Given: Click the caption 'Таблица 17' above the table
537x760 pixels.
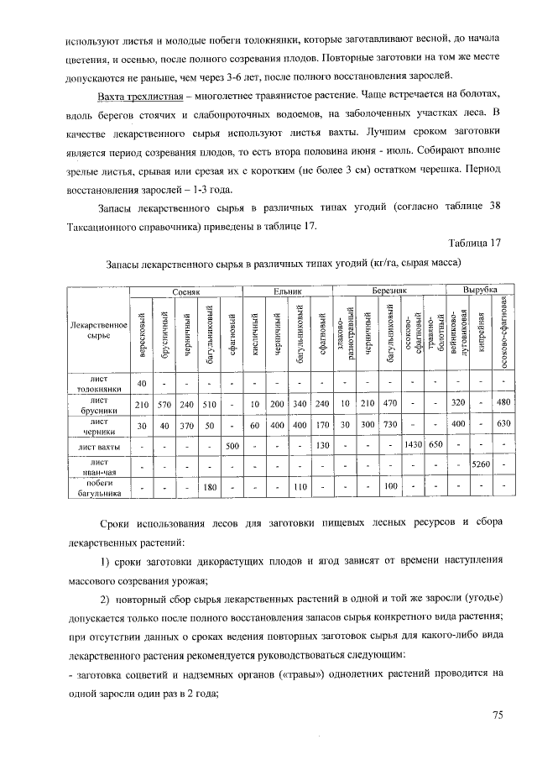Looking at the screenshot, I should pos(474,244).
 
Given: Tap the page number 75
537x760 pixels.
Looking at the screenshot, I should pos(496,715).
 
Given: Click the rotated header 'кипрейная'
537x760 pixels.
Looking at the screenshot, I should pos(481,332).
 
